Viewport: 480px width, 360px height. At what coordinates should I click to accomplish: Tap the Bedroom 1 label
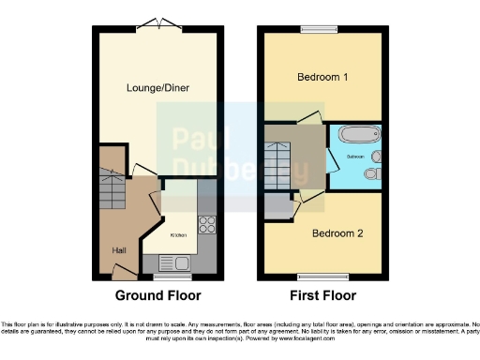click(318, 77)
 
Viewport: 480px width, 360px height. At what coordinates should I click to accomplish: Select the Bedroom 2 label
click(337, 232)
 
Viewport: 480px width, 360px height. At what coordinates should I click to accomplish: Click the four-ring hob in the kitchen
click(206, 225)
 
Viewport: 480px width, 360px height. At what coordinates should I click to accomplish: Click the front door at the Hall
click(122, 273)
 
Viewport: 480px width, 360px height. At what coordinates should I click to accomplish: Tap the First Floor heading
click(322, 295)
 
